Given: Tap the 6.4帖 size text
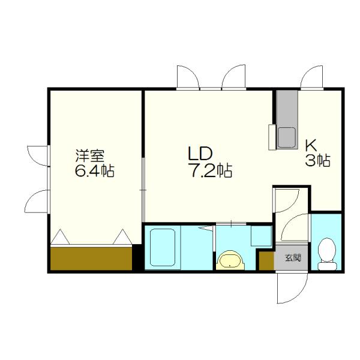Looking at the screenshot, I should [94, 171].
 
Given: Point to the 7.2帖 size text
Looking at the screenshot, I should [208, 171].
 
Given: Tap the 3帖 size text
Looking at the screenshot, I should [317, 160].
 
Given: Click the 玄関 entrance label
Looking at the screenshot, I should [292, 259].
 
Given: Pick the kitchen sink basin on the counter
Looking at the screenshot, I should [286, 137].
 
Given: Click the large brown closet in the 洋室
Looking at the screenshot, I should [91, 259].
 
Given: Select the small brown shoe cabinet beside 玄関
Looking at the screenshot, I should [266, 261].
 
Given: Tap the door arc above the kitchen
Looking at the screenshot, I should [313, 78].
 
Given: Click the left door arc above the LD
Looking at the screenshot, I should [188, 78].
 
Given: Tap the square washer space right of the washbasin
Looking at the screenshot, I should [261, 235].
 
